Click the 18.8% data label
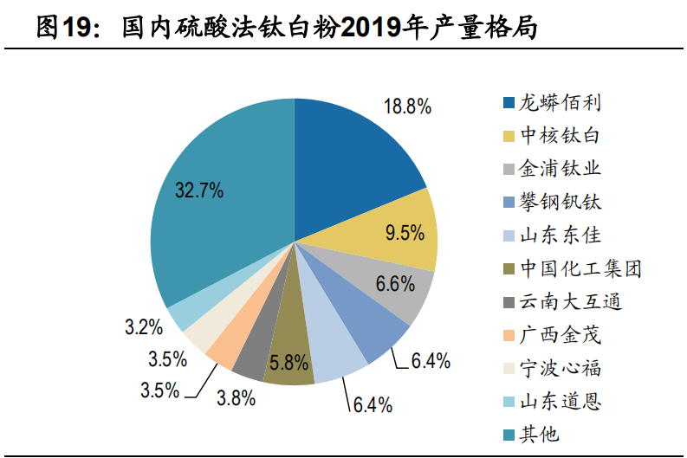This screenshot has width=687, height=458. tap(407, 106)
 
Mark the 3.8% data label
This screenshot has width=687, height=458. tap(235, 398)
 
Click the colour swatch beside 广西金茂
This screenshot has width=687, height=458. tap(509, 335)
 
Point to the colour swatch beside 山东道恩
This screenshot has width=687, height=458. tap(509, 402)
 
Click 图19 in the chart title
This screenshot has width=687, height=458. tap(65, 28)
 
